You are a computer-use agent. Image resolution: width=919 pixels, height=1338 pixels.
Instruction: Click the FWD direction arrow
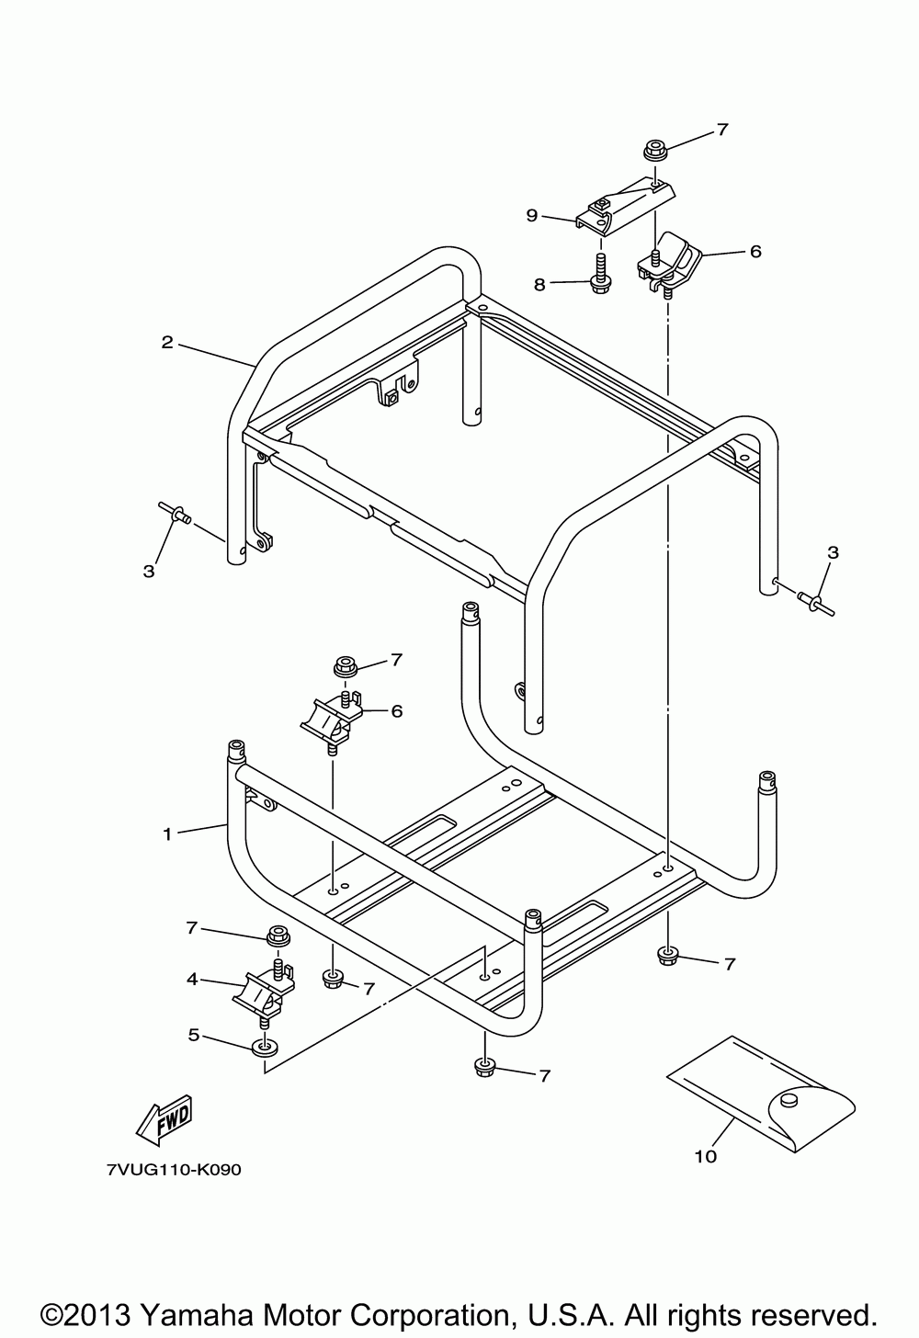pos(165,1120)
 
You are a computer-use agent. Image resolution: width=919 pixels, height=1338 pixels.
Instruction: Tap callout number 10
pos(705,1156)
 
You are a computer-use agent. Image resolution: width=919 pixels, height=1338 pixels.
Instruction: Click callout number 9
pos(532,215)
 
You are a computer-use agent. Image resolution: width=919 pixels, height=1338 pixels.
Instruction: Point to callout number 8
pos(539,285)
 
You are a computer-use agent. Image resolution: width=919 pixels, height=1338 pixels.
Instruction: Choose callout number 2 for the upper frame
pos(166,343)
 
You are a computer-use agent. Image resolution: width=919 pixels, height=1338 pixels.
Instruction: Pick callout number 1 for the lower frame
pos(166,834)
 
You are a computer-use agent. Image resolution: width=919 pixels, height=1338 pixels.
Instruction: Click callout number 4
pos(192,980)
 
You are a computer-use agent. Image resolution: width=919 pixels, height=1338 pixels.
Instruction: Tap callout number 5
pos(193,1035)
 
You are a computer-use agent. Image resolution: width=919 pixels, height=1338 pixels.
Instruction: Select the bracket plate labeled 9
pos(623,204)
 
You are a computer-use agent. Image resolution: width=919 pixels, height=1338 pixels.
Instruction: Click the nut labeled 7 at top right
pos(654,149)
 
